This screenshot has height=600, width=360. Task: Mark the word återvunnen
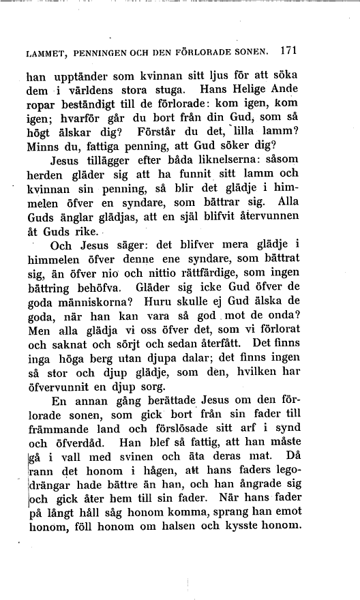tap(298, 221)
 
